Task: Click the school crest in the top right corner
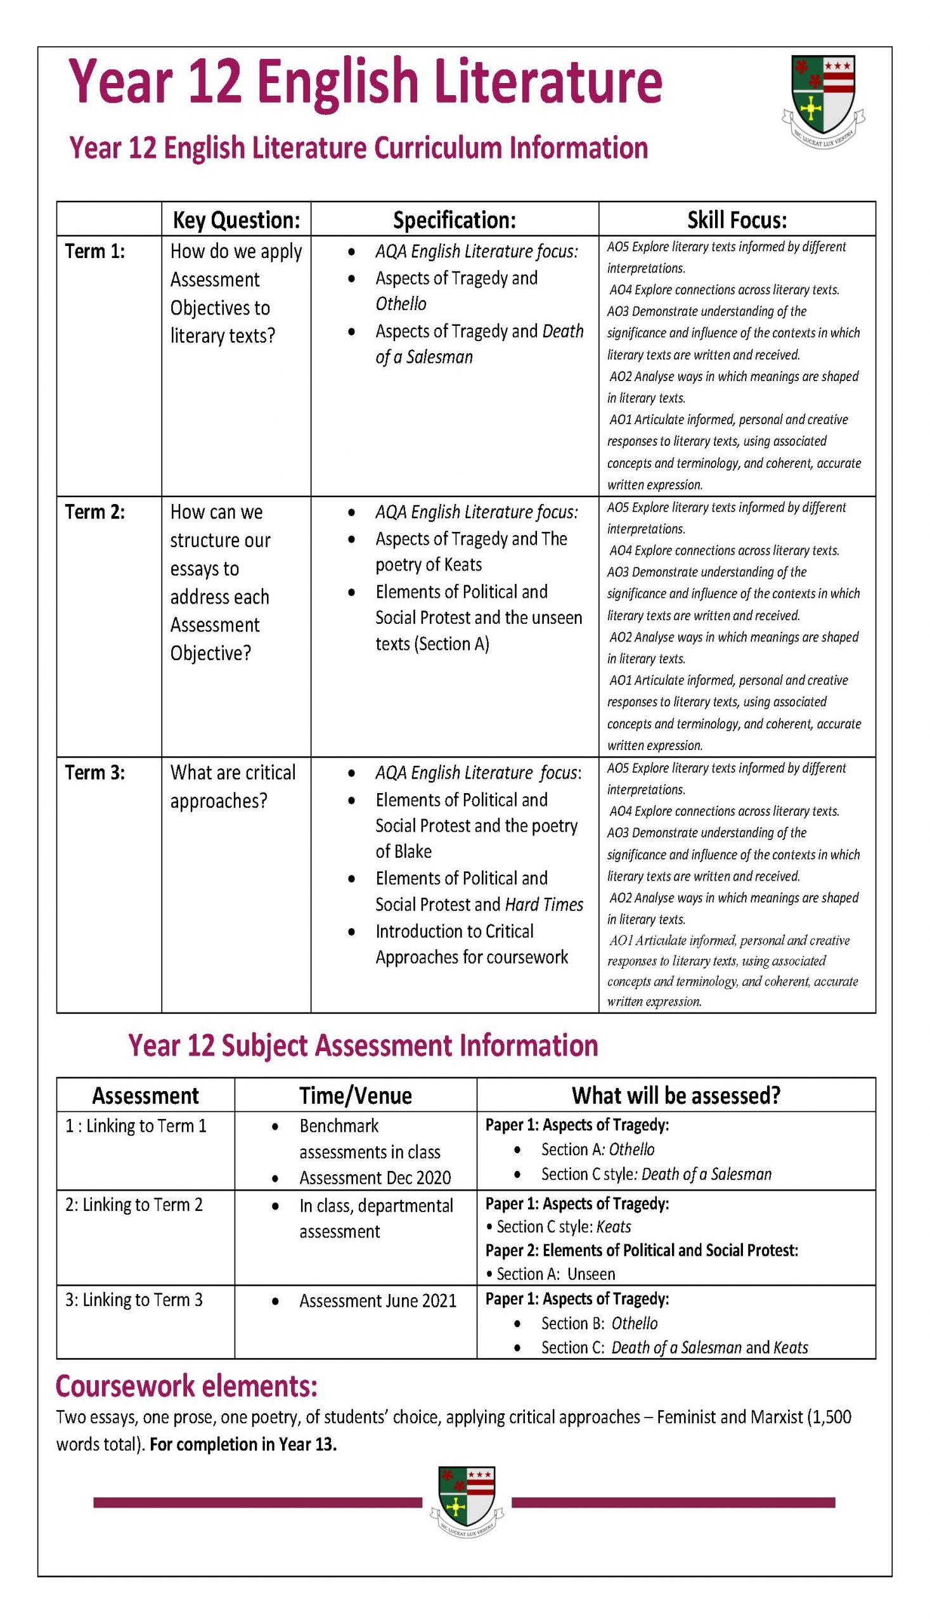click(823, 100)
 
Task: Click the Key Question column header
click(236, 220)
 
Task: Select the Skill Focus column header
click(737, 220)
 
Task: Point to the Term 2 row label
click(95, 512)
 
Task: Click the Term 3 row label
click(95, 773)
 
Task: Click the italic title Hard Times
click(543, 905)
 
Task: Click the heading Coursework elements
click(186, 1387)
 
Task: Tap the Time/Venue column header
click(355, 1096)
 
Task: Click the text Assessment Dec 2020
click(375, 1178)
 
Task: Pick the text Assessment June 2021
click(377, 1301)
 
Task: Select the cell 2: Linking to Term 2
click(134, 1205)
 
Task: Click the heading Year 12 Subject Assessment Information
click(363, 1045)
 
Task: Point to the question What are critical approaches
click(233, 786)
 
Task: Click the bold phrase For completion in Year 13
click(243, 1444)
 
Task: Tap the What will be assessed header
click(676, 1096)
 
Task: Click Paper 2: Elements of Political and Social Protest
click(642, 1250)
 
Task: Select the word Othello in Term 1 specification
click(401, 304)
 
